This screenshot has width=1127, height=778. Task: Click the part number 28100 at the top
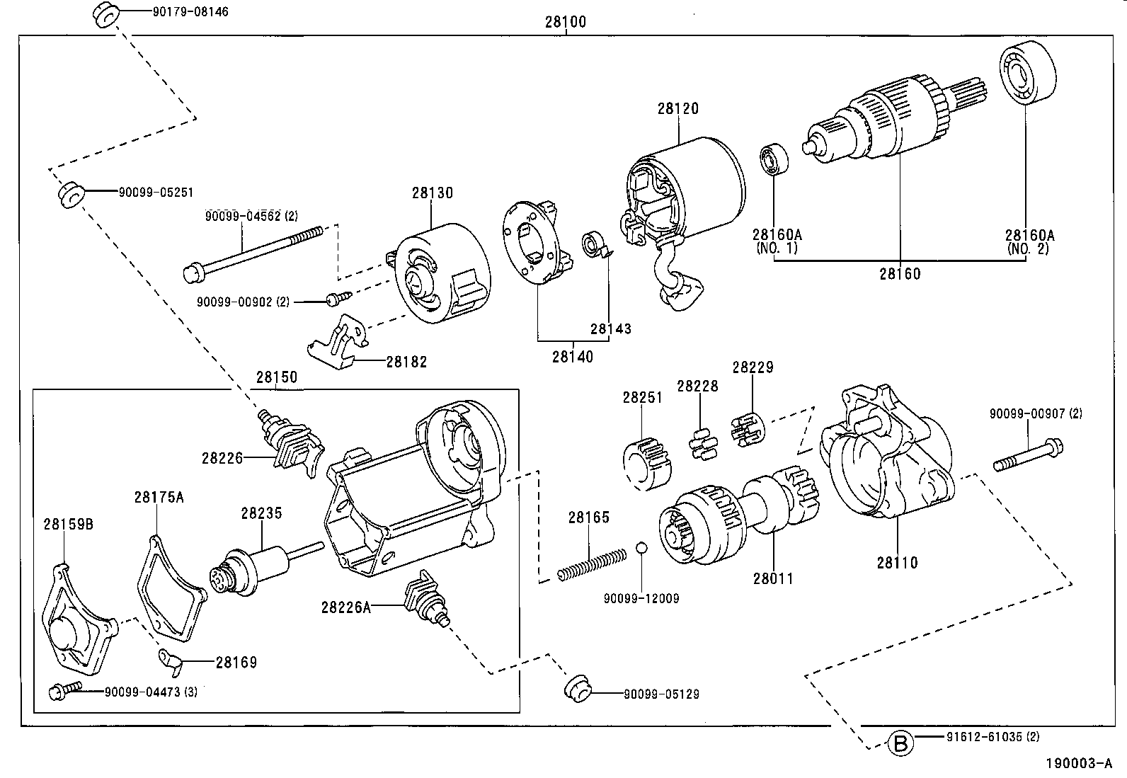point(565,22)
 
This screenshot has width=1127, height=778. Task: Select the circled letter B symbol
point(900,743)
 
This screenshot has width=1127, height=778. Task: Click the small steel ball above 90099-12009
point(641,549)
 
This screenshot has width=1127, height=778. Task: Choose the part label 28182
point(406,362)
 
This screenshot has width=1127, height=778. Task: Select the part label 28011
point(773,578)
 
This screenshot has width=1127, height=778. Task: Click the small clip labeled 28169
point(171,659)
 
